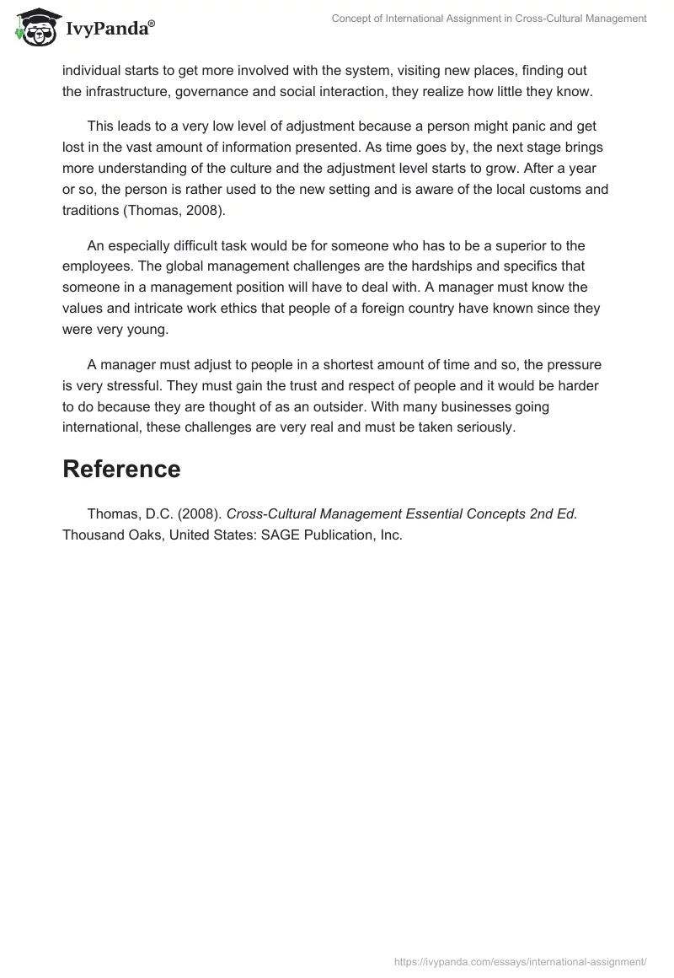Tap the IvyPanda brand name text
tap(107, 30)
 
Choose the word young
tap(150, 328)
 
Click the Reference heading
tap(121, 470)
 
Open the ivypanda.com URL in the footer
tap(521, 961)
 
